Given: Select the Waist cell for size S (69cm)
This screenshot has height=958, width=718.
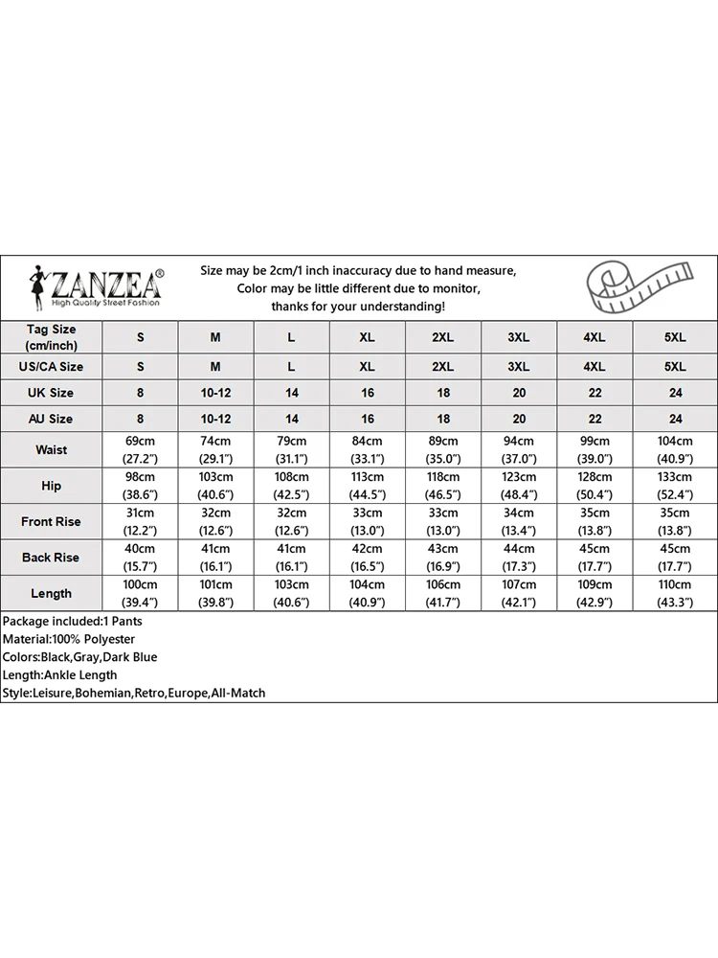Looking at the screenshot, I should (x=140, y=449).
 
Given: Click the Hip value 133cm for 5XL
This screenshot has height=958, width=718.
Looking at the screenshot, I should (x=675, y=486).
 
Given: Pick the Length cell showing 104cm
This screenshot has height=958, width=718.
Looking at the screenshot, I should (x=367, y=593).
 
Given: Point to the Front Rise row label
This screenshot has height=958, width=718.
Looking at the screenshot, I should (x=51, y=522).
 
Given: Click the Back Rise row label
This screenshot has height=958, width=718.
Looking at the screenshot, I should (x=51, y=558).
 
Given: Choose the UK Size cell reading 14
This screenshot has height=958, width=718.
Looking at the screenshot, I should (x=292, y=393).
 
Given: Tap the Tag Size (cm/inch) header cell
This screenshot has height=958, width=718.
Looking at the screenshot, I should (x=51, y=336).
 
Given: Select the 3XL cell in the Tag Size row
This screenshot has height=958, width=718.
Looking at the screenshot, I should (x=518, y=337).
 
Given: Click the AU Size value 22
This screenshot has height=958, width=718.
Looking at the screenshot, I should (x=594, y=419).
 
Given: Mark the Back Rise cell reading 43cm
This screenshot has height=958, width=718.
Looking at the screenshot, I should (x=442, y=558).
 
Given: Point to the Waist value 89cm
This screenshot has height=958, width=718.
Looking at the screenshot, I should (x=442, y=449).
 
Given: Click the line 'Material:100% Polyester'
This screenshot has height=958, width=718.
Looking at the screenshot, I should (x=69, y=639).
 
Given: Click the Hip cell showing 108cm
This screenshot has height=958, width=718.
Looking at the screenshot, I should (x=292, y=486).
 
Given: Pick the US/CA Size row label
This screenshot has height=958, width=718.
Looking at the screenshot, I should (x=51, y=366).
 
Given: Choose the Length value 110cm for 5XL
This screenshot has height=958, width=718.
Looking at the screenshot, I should (x=675, y=593).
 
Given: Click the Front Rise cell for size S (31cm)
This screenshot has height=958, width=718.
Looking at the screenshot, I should (x=140, y=522).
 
